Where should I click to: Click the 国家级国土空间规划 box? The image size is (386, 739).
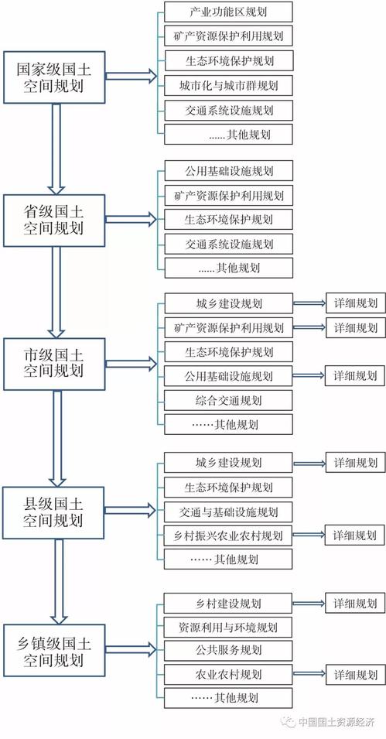pyautogui.click(x=54, y=77)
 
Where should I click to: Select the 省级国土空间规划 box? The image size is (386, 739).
pyautogui.click(x=54, y=221)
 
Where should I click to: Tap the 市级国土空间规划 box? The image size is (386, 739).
pyautogui.click(x=54, y=364)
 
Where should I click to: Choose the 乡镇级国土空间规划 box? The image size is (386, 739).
pyautogui.click(x=54, y=651)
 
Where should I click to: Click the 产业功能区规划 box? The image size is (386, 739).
pyautogui.click(x=228, y=12)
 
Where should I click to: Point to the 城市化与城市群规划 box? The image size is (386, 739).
pyautogui.click(x=228, y=86)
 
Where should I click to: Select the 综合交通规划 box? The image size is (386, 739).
pyautogui.click(x=228, y=401)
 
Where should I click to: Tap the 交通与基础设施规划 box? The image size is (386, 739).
pyautogui.click(x=228, y=511)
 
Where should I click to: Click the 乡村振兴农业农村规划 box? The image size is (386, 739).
pyautogui.click(x=228, y=535)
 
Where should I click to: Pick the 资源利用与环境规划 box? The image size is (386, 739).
pyautogui.click(x=228, y=628)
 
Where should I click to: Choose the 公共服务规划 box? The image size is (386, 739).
pyautogui.click(x=228, y=650)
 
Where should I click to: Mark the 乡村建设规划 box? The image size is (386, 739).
pyautogui.click(x=228, y=604)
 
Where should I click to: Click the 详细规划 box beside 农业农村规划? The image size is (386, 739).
pyautogui.click(x=355, y=675)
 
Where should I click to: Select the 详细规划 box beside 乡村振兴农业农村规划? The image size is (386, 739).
pyautogui.click(x=355, y=535)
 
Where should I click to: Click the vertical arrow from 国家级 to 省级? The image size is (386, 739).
pyautogui.click(x=56, y=149)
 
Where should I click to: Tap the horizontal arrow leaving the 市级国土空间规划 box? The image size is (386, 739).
pyautogui.click(x=131, y=364)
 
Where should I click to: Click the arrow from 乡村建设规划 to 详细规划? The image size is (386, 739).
pyautogui.click(x=309, y=604)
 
